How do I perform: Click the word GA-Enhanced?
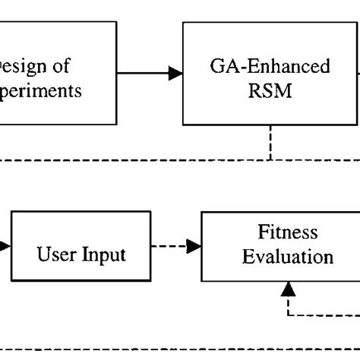[270, 67]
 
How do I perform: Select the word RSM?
[270, 92]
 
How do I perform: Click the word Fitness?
[287, 231]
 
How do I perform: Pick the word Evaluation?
[287, 256]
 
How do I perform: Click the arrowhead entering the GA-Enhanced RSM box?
[175, 73]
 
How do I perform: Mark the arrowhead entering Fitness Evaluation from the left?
[194, 246]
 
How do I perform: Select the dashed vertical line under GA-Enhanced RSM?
[270, 142]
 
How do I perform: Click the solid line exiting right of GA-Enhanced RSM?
[357, 73]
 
